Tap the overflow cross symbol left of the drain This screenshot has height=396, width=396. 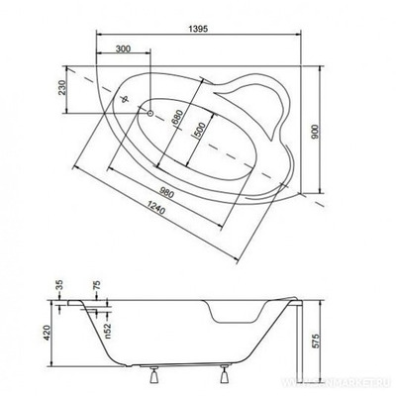pyautogui.click(x=126, y=99)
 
